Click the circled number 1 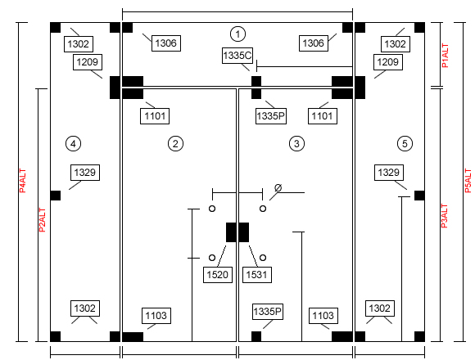[237, 34]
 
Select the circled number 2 [175, 144]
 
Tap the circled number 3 [296, 144]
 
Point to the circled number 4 [74, 144]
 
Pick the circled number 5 [405, 144]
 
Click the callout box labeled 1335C [237, 56]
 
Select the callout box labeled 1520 [218, 275]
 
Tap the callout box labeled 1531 [257, 275]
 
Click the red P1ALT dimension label [445, 56]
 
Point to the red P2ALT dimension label [42, 220]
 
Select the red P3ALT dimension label [444, 216]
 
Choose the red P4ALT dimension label [22, 181]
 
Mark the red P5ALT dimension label [468, 181]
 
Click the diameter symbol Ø [278, 188]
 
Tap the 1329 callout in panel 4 [85, 173]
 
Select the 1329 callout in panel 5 [389, 173]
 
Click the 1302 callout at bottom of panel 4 [85, 308]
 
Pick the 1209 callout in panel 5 [387, 62]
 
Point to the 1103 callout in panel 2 [156, 316]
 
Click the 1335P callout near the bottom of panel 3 [268, 312]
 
